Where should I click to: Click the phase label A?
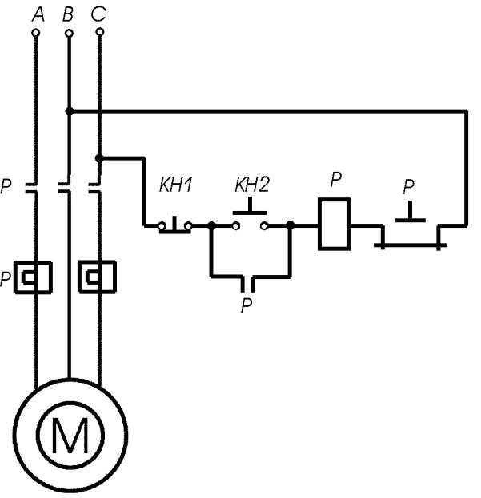[38, 15]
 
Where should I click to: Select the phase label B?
[68, 14]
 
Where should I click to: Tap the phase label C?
[98, 14]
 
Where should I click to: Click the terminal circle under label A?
[36, 33]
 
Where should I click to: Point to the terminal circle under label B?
[69, 33]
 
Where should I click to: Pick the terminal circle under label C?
[100, 32]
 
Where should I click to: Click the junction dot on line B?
[70, 111]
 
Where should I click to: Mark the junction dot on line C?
[99, 157]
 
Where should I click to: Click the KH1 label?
[176, 185]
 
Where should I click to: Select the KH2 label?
[252, 185]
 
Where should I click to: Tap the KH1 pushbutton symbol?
[175, 225]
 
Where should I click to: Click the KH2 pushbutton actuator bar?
[250, 213]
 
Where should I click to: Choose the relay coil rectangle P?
[334, 225]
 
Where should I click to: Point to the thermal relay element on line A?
[33, 277]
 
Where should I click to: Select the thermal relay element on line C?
[98, 277]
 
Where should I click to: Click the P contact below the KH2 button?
[247, 284]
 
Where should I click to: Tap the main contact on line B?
[65, 188]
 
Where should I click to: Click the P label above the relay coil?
[336, 179]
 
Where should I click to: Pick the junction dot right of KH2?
[291, 225]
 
